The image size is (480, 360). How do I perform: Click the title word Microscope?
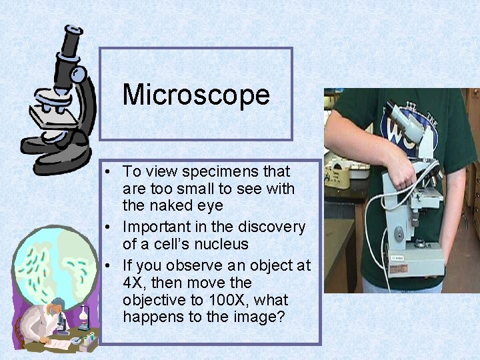pos(196,95)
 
